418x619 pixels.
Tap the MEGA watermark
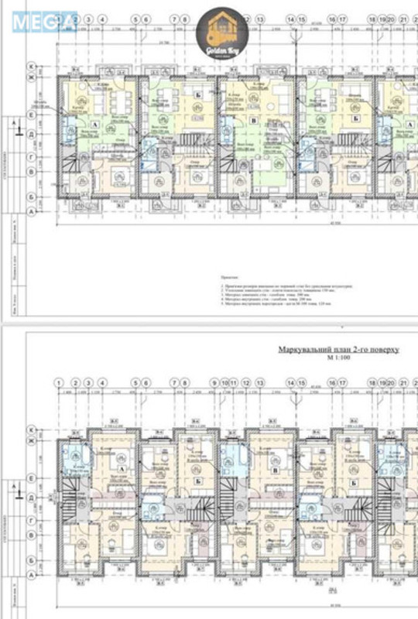tap(43, 21)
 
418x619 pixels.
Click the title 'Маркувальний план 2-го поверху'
tap(338, 350)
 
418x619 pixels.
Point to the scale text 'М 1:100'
tap(337, 361)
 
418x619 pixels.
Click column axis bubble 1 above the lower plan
tap(59, 382)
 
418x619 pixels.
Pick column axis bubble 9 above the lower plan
tap(214, 382)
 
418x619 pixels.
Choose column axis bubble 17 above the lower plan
tap(341, 382)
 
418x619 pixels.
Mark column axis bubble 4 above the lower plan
tap(103, 382)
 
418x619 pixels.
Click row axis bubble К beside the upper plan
tap(32, 66)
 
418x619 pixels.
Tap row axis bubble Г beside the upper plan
tap(32, 156)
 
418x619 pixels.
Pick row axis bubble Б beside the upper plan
tap(32, 196)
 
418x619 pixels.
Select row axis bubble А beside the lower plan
tap(32, 576)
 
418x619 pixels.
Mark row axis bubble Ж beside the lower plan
tap(32, 442)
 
